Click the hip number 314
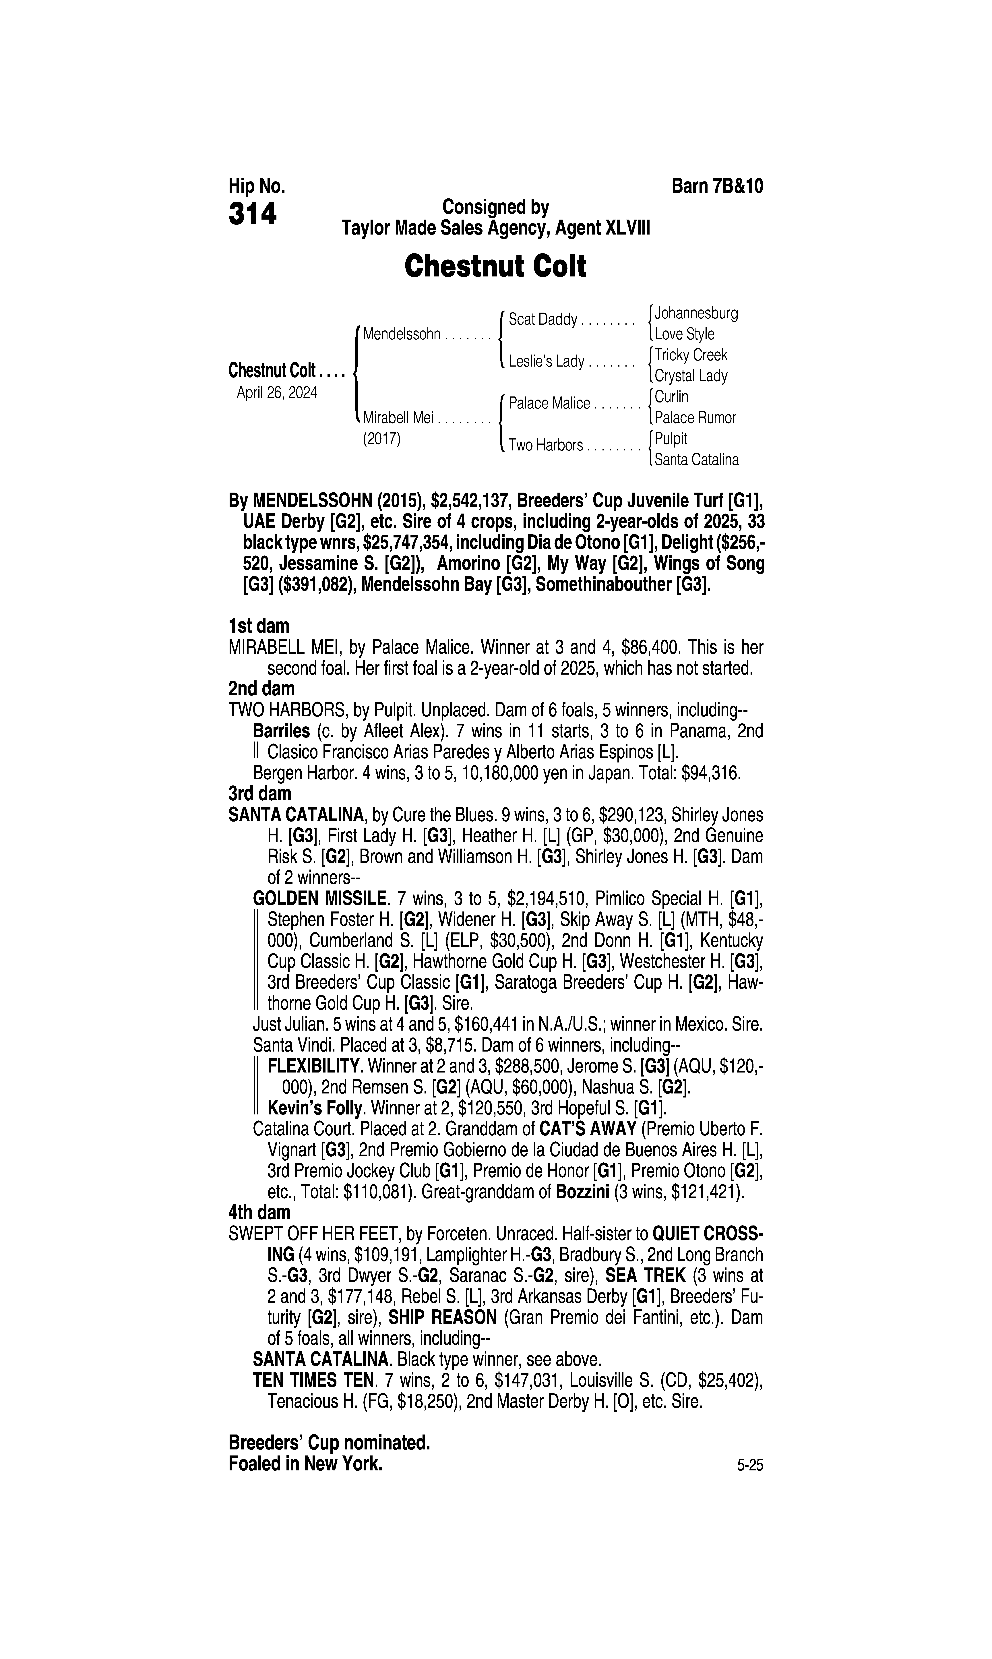pos(253,214)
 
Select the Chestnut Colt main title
pos(495,266)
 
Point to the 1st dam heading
pos(259,626)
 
